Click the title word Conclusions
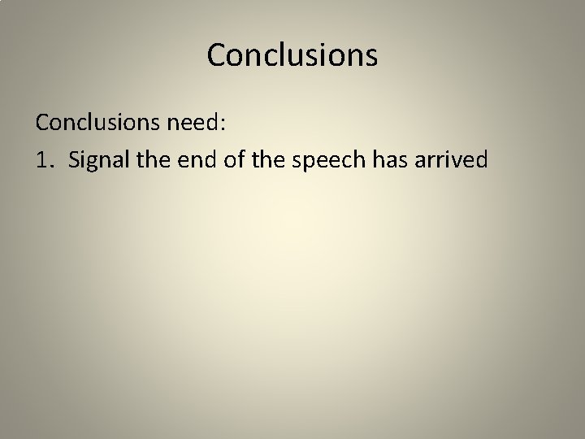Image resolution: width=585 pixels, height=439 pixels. click(x=292, y=55)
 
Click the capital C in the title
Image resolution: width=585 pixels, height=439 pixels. click(x=218, y=55)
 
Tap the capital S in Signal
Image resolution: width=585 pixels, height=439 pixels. click(x=76, y=159)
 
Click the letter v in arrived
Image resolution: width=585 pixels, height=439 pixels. click(x=466, y=161)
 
